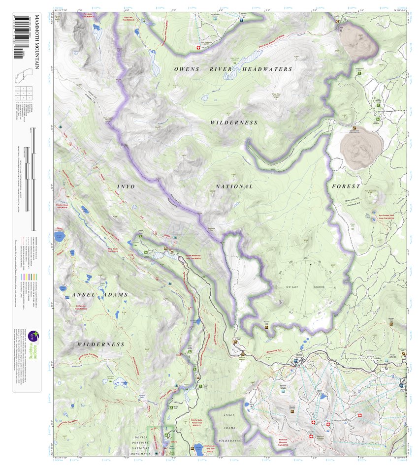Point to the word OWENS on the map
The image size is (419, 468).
point(187,69)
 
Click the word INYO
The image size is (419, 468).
point(126,187)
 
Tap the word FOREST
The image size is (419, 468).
point(346,187)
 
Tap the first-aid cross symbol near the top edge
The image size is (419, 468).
point(198,48)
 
